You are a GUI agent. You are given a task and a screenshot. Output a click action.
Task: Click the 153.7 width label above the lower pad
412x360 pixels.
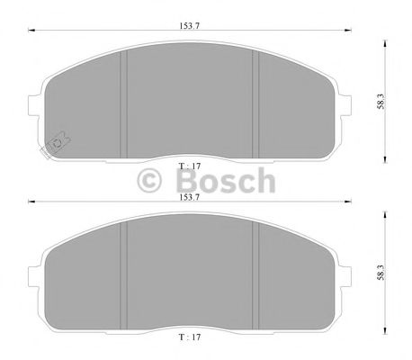click(189, 195)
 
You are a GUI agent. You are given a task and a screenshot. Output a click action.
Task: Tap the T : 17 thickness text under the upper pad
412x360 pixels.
click(190, 166)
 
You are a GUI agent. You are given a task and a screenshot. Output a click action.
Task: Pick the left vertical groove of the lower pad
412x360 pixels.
click(122, 270)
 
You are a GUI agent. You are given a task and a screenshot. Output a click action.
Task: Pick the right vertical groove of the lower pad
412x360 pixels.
click(259, 270)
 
